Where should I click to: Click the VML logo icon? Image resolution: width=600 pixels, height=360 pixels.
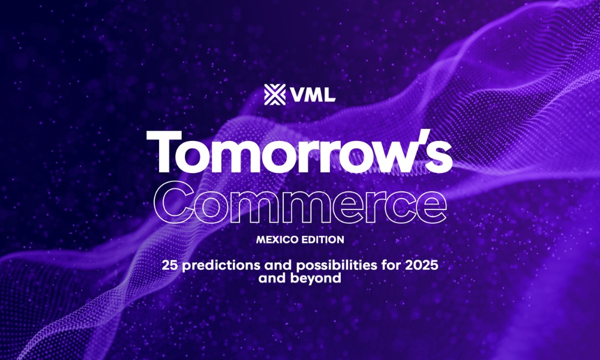(275, 94)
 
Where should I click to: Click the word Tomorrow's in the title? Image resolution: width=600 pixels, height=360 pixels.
(299, 151)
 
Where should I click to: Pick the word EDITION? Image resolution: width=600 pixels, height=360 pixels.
(323, 240)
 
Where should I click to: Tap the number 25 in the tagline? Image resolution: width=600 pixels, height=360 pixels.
(170, 265)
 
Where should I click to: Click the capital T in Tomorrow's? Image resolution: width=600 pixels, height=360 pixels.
(164, 151)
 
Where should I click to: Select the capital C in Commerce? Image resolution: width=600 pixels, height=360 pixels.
(173, 202)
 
